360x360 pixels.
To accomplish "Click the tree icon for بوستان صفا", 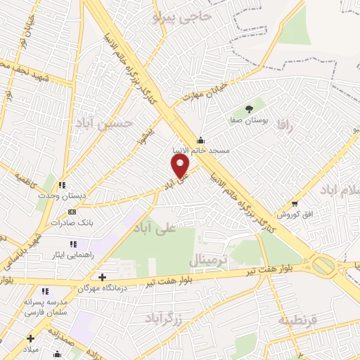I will pos(249,108).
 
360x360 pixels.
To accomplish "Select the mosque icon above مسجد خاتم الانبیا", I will pos(201,139).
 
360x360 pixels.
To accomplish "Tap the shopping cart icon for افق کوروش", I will pos(295,203).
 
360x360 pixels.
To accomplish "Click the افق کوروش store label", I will pos(288,213).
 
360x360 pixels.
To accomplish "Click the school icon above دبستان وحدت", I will pos(62,186).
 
